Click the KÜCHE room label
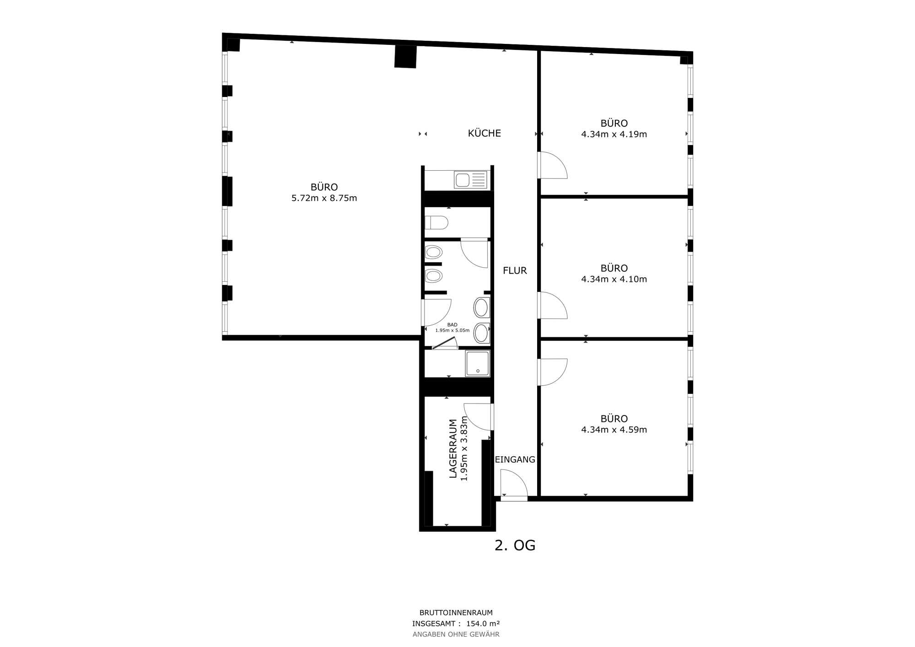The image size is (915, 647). click(x=484, y=133)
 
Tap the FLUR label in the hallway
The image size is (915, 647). click(x=515, y=270)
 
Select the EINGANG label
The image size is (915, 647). click(x=515, y=459)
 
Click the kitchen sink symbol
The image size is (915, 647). click(x=470, y=180)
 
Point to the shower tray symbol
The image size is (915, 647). click(x=478, y=363)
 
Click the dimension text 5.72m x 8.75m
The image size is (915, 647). click(x=324, y=198)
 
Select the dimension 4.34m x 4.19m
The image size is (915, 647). click(x=614, y=134)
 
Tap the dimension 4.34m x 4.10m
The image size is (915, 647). click(x=614, y=279)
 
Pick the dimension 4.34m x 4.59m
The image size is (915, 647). click(x=614, y=430)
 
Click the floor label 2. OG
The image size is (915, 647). click(x=515, y=545)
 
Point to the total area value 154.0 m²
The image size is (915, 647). click(x=483, y=623)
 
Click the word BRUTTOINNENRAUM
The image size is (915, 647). click(x=456, y=612)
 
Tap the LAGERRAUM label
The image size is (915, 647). click(x=453, y=448)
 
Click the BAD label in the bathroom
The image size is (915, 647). click(x=452, y=324)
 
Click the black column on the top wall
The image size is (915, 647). click(x=405, y=56)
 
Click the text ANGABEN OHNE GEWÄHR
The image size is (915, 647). click(x=456, y=634)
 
